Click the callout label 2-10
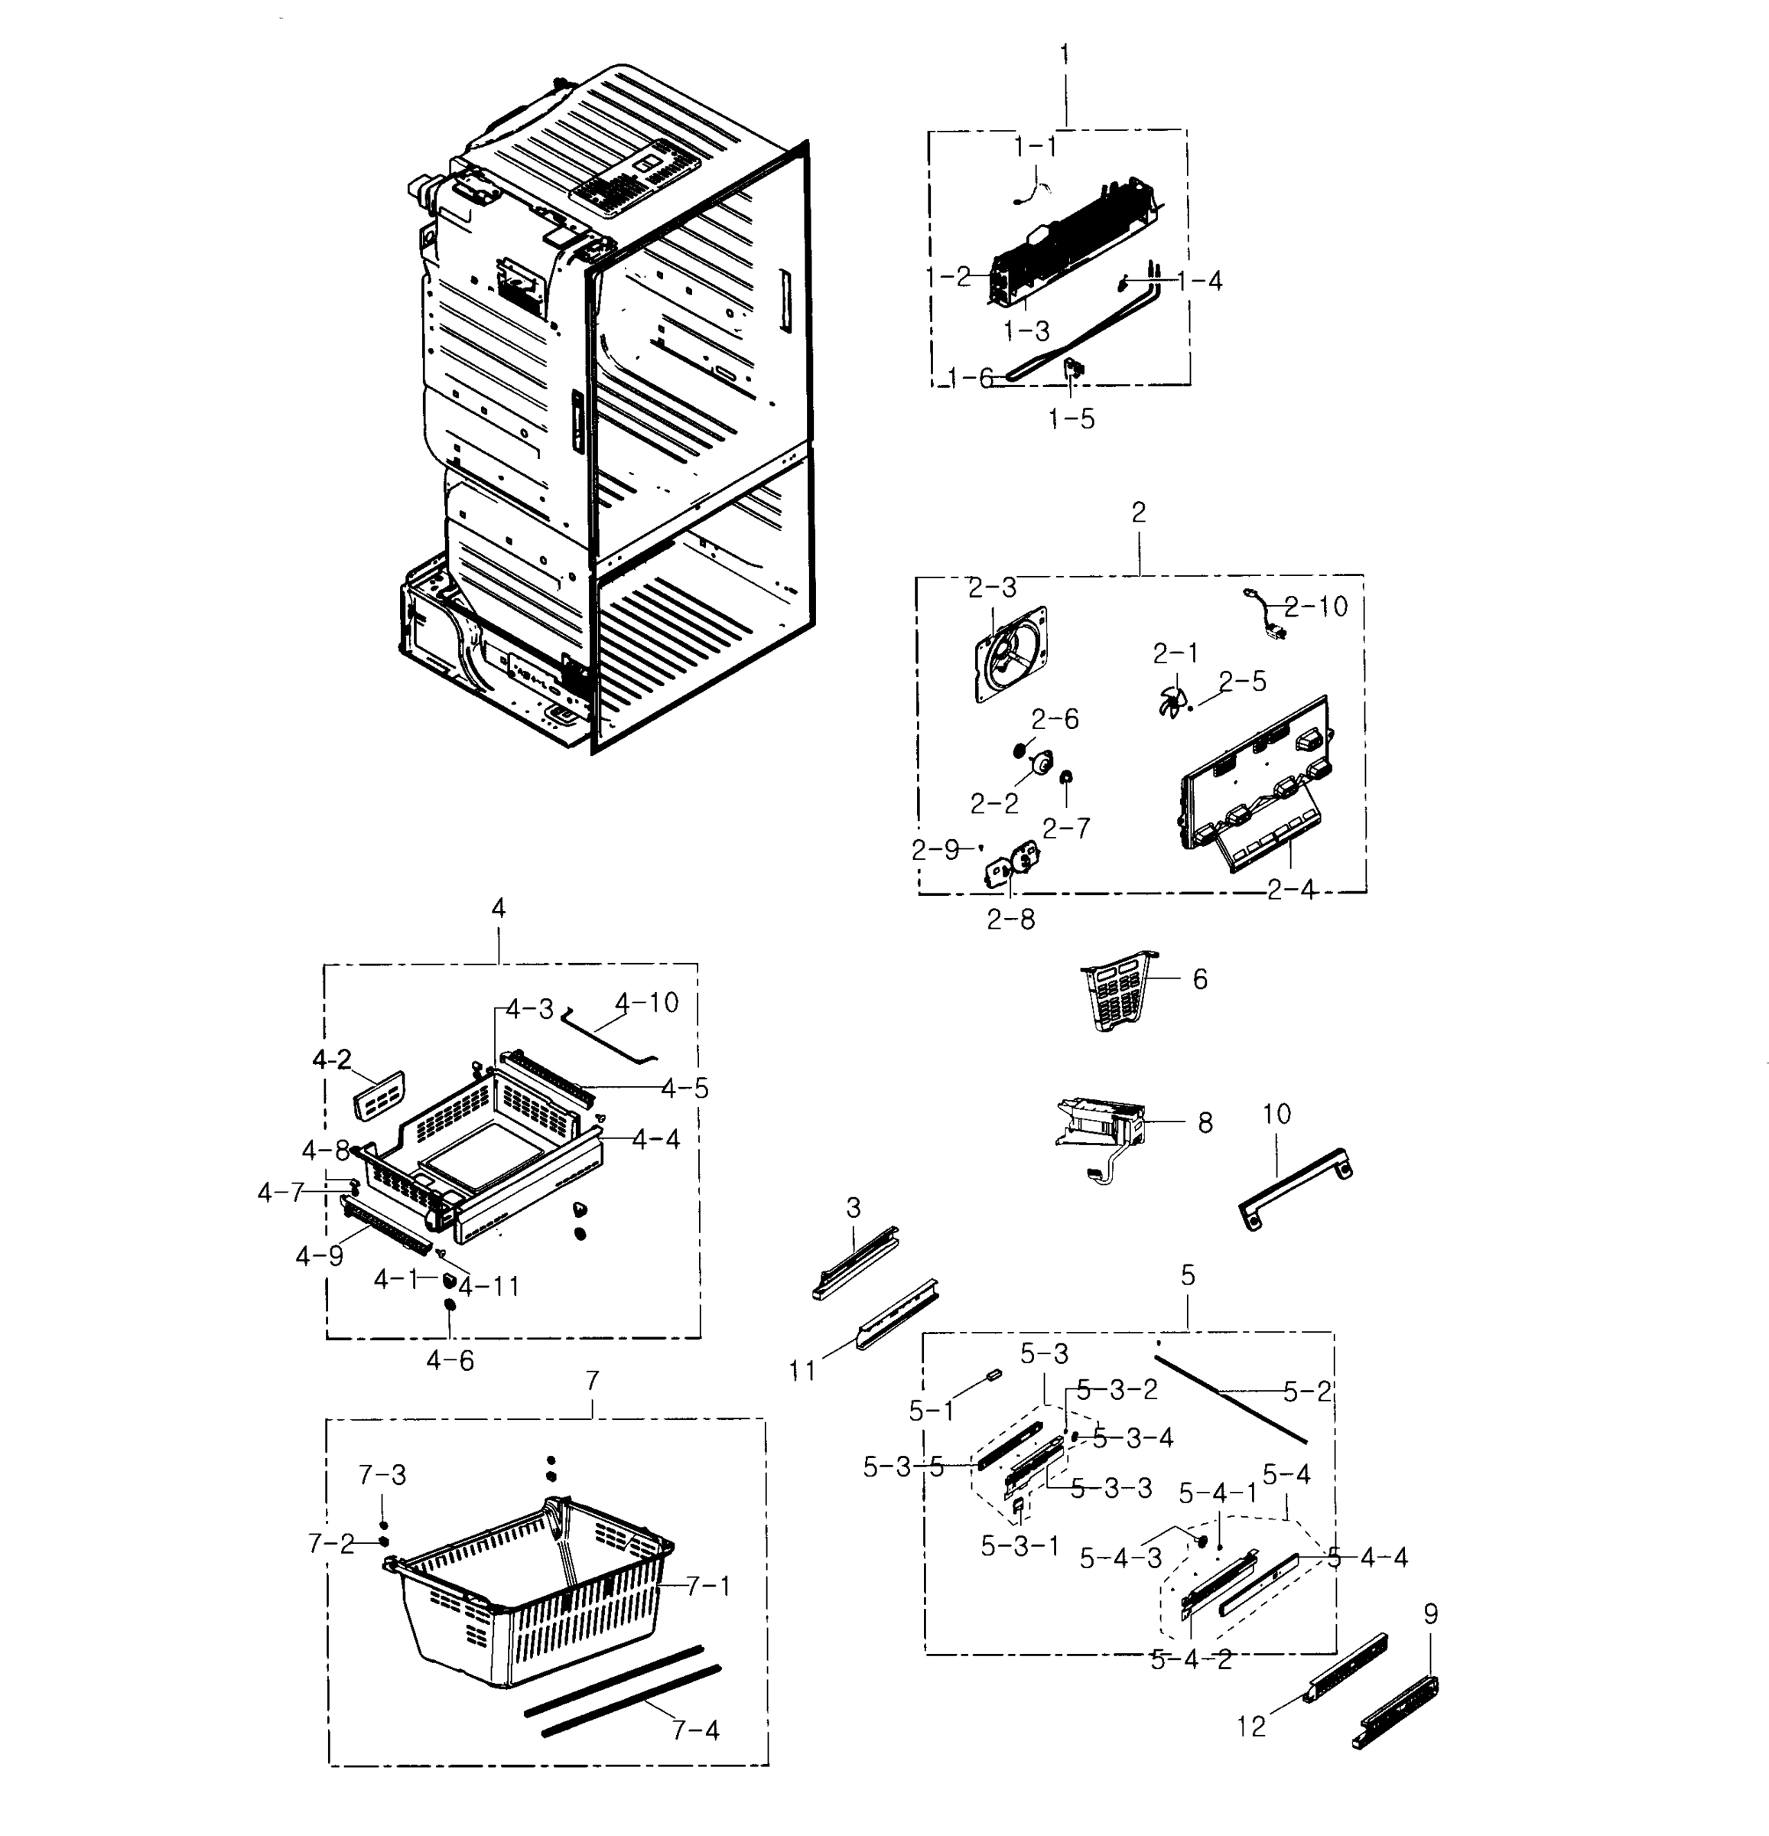1315,607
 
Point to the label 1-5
1071,418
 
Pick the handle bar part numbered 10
1295,1188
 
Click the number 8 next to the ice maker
1205,1122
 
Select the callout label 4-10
646,1003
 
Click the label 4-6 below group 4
450,1360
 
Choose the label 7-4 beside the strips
696,1730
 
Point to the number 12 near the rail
1251,1726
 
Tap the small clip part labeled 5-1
993,1375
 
